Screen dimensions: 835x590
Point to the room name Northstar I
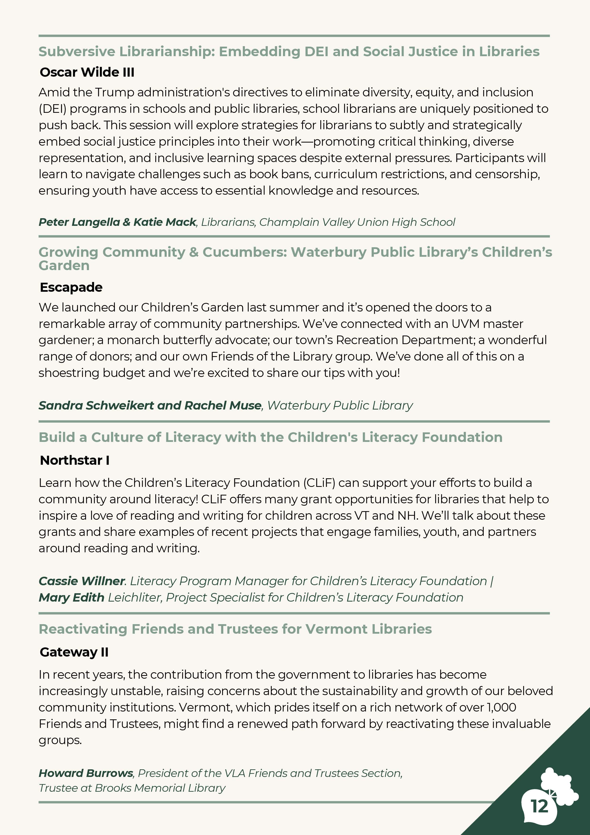[74, 460]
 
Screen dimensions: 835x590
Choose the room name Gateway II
[74, 652]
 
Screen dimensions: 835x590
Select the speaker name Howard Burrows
[86, 773]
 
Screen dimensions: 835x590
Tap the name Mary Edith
[72, 597]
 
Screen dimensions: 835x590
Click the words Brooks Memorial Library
[160, 788]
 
